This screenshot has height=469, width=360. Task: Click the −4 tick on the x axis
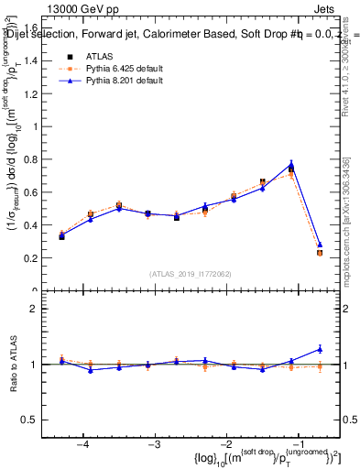point(83,444)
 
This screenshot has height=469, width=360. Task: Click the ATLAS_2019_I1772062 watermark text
point(191,273)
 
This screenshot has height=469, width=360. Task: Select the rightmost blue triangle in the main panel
point(320,245)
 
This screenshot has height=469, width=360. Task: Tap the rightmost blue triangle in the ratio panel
point(320,348)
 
